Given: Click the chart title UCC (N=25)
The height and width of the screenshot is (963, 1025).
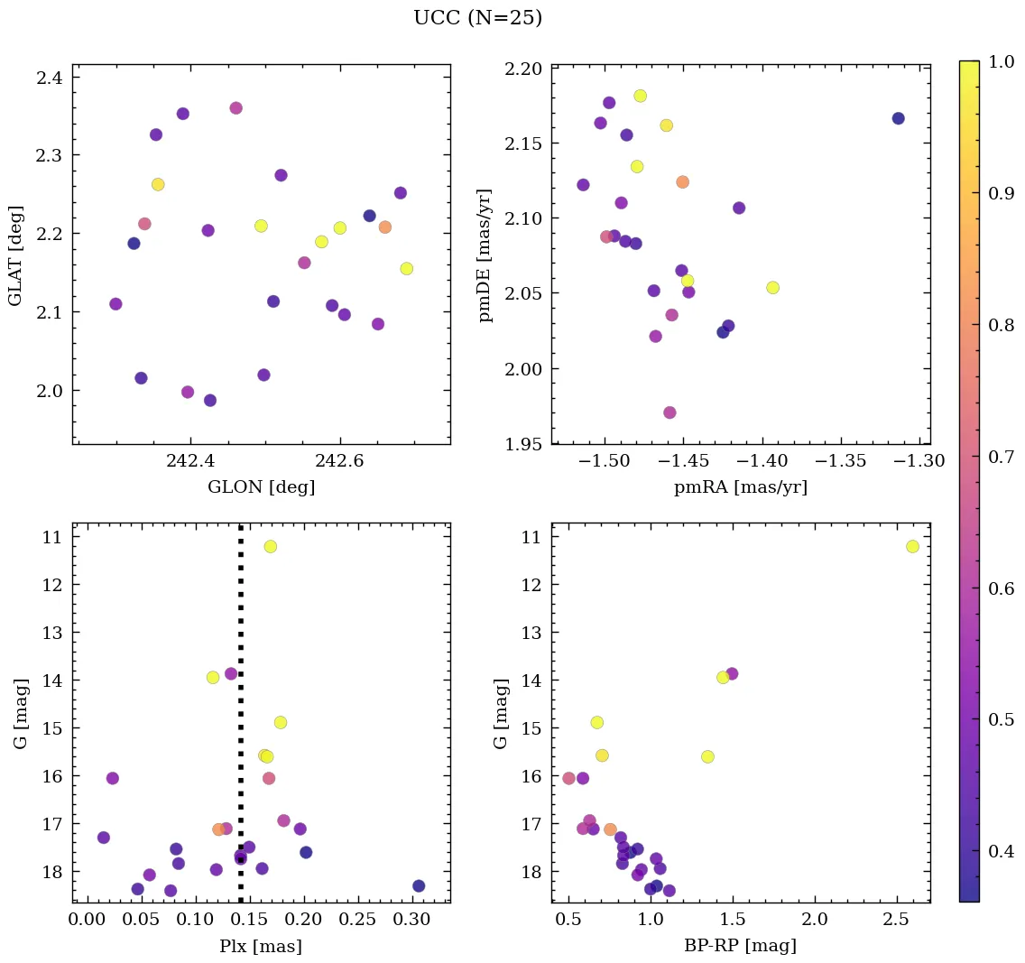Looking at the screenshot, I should tap(477, 18).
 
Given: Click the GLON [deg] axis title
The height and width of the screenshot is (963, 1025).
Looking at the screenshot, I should tap(261, 487).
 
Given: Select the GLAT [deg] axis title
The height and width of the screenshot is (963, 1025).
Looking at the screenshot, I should tap(16, 255).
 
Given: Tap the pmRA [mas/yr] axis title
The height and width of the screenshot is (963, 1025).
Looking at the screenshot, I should tap(740, 487).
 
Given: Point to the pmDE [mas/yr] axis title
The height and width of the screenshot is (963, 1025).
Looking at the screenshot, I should tap(485, 255).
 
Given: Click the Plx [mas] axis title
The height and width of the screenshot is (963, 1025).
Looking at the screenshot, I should tap(261, 947).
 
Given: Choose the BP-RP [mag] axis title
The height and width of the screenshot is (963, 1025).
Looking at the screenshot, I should tap(740, 947).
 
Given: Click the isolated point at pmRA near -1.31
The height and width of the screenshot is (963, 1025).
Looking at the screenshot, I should tap(898, 118).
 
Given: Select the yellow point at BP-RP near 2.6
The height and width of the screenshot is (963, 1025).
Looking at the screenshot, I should tap(912, 546).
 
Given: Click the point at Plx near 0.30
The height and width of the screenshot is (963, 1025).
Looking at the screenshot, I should tap(419, 886).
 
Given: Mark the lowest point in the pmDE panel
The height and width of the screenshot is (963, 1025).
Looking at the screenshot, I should tap(669, 412).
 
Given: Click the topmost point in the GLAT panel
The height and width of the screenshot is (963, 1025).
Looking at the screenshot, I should tap(235, 108).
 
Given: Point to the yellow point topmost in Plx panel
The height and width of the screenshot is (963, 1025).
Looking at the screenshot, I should tap(270, 546).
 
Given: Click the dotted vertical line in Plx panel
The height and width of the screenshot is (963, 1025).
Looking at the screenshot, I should tap(240, 722).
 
